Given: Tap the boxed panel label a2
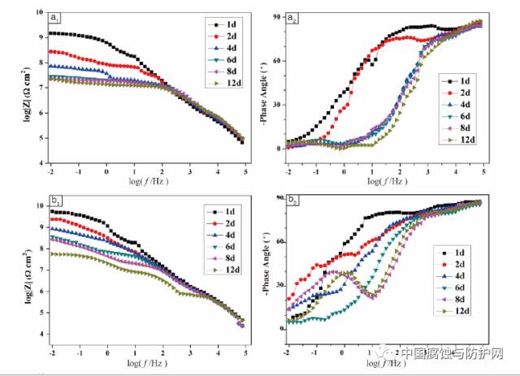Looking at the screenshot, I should (x=295, y=17).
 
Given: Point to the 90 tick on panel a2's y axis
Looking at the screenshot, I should (x=275, y=17).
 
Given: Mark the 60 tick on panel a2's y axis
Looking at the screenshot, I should (x=275, y=61).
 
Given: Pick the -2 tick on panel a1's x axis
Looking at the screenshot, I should (x=50, y=171).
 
